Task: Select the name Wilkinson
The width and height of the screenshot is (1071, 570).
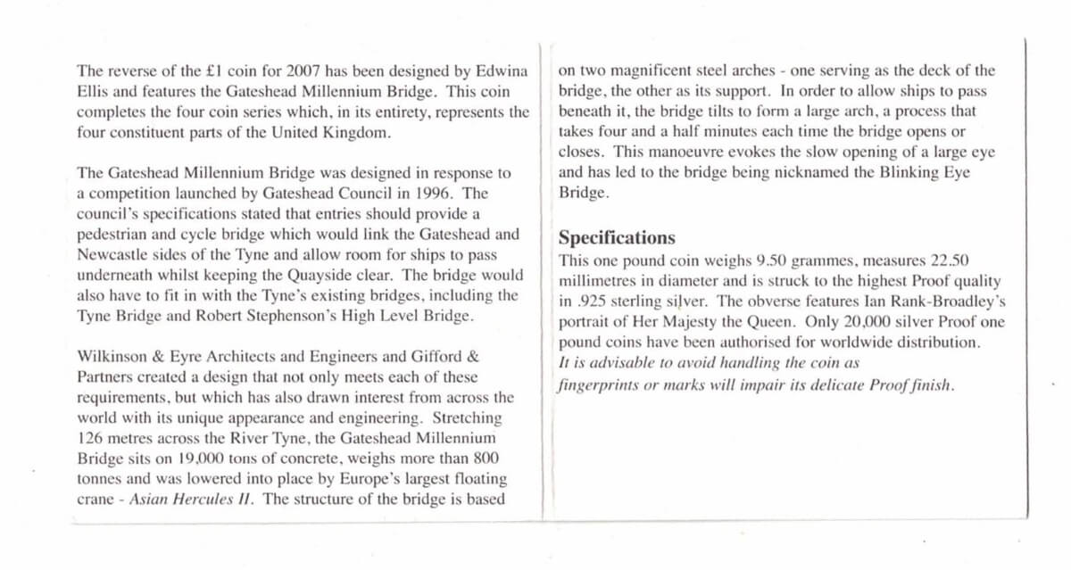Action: (x=113, y=357)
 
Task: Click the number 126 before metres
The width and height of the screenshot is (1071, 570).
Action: (x=90, y=438)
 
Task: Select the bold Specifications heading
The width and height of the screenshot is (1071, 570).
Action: (x=617, y=238)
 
